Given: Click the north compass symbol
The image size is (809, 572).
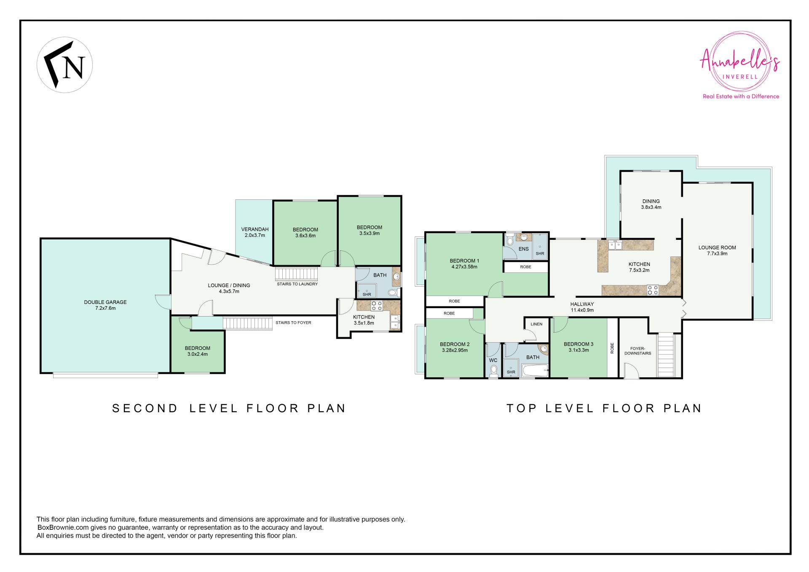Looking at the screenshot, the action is pyautogui.click(x=65, y=65).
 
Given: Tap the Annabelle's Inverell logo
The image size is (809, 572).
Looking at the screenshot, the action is pyautogui.click(x=740, y=67).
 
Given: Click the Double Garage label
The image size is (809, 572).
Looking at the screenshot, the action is pyautogui.click(x=105, y=305).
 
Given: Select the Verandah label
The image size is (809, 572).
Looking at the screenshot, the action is pyautogui.click(x=255, y=232).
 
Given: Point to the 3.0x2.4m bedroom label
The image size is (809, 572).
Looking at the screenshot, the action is pyautogui.click(x=197, y=351).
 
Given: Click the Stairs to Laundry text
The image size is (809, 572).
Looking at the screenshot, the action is pyautogui.click(x=297, y=284).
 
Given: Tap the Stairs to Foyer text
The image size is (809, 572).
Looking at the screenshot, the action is pyautogui.click(x=293, y=322).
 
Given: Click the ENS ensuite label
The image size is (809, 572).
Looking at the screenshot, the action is pyautogui.click(x=523, y=249).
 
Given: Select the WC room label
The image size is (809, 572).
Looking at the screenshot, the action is pyautogui.click(x=493, y=360).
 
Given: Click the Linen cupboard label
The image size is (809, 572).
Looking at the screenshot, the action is pyautogui.click(x=536, y=324).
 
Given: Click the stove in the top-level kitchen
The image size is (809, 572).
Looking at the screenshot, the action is pyautogui.click(x=653, y=290).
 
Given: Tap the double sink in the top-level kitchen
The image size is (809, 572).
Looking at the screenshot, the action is pyautogui.click(x=615, y=244).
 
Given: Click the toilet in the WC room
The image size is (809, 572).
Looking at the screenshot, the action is pyautogui.click(x=493, y=371).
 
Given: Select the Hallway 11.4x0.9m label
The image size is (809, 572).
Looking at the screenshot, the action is pyautogui.click(x=582, y=307).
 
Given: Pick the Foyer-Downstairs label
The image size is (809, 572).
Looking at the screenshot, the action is pyautogui.click(x=640, y=351).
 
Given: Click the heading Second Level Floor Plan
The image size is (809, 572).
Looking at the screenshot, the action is pyautogui.click(x=229, y=408).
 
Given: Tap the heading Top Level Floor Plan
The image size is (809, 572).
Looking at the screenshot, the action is pyautogui.click(x=604, y=408).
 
